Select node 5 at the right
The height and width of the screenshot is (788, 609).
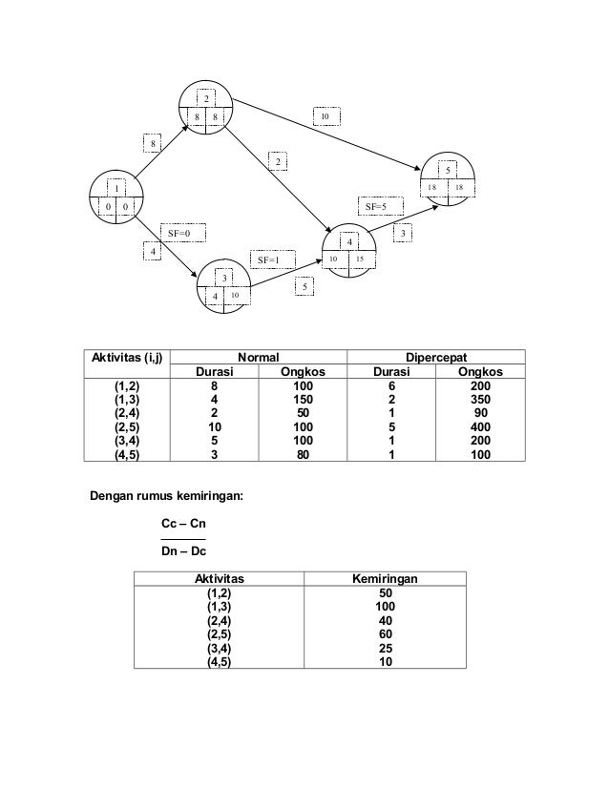449,179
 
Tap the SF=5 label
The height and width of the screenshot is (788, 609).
384,206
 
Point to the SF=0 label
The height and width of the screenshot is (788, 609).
179,232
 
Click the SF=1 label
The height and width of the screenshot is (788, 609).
270,259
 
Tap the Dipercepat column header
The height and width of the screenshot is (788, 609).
436,357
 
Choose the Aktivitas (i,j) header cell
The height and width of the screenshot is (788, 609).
127,358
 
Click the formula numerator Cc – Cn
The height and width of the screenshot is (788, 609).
183,525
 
